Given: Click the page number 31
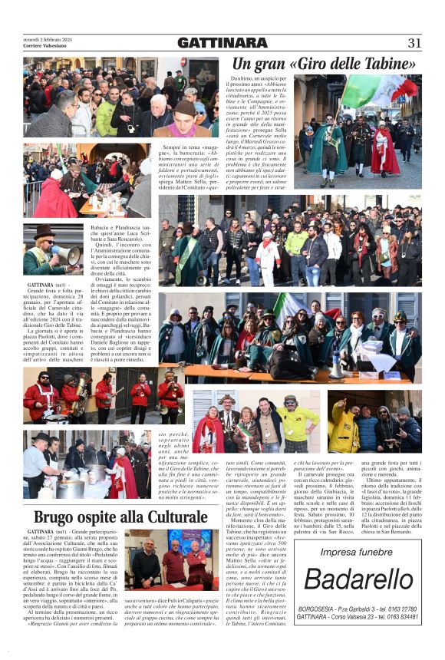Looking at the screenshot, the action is coord(414,43).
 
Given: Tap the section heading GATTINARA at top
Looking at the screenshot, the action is coord(223,43).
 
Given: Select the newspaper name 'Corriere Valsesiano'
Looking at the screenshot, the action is coord(46,45).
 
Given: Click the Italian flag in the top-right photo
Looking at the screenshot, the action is coord(374,91).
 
